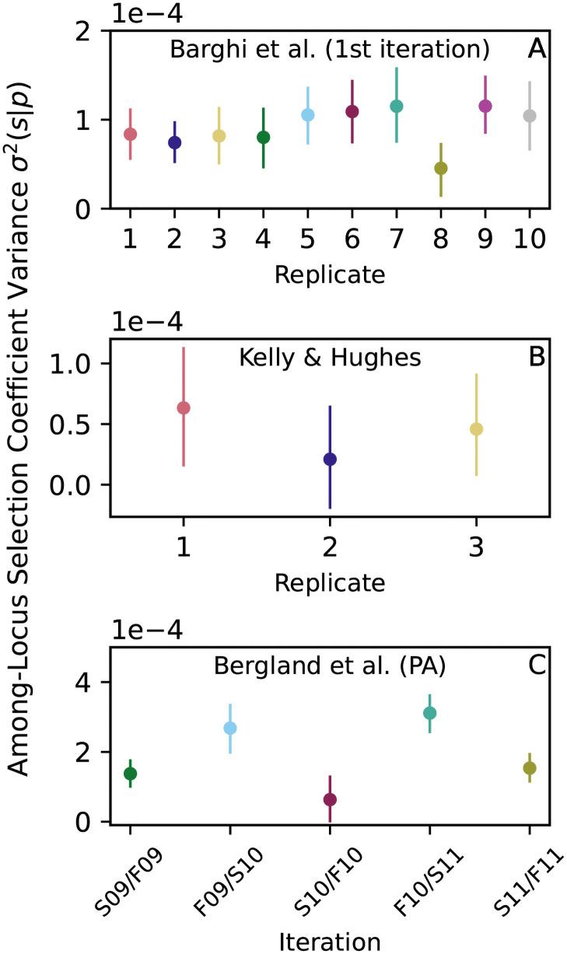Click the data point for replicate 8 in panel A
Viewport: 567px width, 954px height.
coord(441,168)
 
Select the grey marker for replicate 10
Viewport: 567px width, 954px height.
coord(530,116)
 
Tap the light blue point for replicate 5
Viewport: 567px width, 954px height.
coord(308,115)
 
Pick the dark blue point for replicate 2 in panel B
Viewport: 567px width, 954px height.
coord(330,459)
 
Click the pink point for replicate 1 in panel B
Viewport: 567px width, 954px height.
coord(184,407)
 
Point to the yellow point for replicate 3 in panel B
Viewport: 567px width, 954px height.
coord(477,428)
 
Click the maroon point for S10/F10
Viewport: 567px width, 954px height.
coord(330,799)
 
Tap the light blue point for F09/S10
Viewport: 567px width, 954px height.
coord(230,728)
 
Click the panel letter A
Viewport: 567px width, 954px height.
coord(537,50)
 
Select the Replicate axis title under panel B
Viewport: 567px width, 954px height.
coord(330,581)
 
